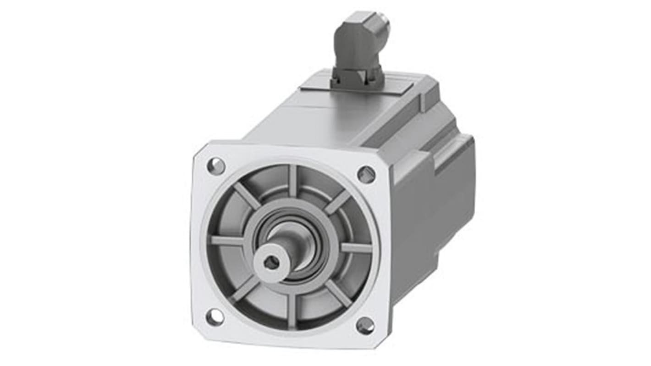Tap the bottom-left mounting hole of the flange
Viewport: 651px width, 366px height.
(x=215, y=317)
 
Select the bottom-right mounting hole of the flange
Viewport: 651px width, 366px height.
(x=365, y=326)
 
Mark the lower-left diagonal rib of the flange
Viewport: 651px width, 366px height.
(x=245, y=288)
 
